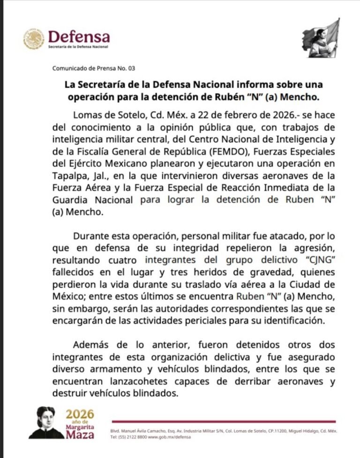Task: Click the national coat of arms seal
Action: (34, 39)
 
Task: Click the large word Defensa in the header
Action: (79, 36)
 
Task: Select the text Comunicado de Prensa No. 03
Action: (93, 68)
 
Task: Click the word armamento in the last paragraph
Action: (116, 369)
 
